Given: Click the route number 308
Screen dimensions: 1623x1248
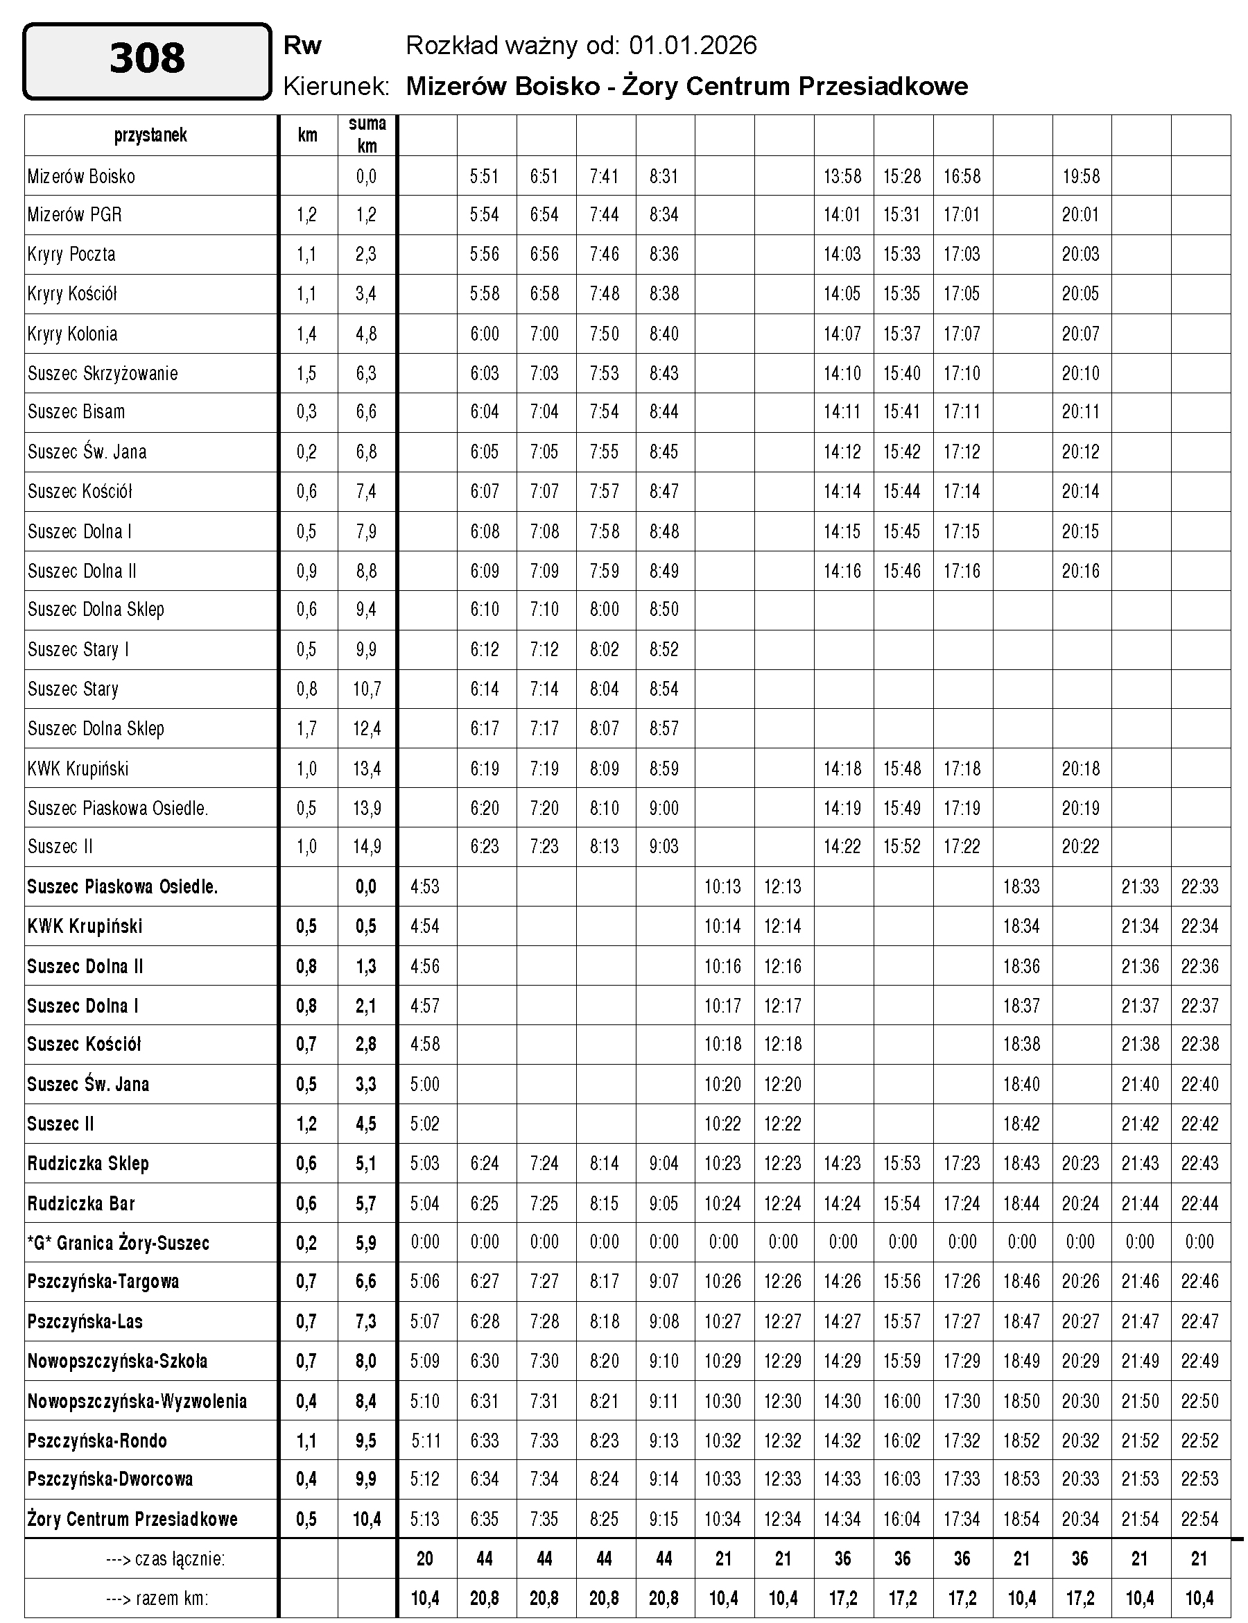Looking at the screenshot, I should point(147,60).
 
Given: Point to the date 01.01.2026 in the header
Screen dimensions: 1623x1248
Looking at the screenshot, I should point(693,46).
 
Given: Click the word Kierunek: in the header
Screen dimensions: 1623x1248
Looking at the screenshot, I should point(336,87).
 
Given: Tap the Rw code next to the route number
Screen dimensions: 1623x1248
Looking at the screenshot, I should point(302,46).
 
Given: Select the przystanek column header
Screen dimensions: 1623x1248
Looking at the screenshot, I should point(151,135).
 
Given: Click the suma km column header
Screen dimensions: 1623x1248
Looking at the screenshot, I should point(367,135).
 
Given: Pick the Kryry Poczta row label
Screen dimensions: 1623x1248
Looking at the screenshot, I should point(71,254).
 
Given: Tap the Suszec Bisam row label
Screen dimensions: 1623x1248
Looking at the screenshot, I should point(76,412).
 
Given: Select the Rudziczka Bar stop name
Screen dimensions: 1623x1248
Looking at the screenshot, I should point(81,1203).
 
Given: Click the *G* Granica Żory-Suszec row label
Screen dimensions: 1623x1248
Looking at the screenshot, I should point(118,1242).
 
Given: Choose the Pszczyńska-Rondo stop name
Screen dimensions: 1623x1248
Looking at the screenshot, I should point(97,1440).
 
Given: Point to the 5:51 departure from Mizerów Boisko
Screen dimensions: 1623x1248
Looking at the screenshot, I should point(485,176).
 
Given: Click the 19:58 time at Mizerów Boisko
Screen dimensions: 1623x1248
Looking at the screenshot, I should point(1081,176).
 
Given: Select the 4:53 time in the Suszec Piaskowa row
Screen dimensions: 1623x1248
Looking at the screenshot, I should point(425,886).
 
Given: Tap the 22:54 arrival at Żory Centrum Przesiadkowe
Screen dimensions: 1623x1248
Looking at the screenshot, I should point(1199,1519).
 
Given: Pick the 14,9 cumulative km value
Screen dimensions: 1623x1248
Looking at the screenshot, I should point(367,846).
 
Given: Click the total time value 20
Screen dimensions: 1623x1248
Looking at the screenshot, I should point(425,1558).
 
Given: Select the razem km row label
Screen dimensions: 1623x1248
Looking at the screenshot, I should point(157,1598).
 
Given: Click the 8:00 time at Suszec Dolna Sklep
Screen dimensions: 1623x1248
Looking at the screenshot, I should point(604,610).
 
